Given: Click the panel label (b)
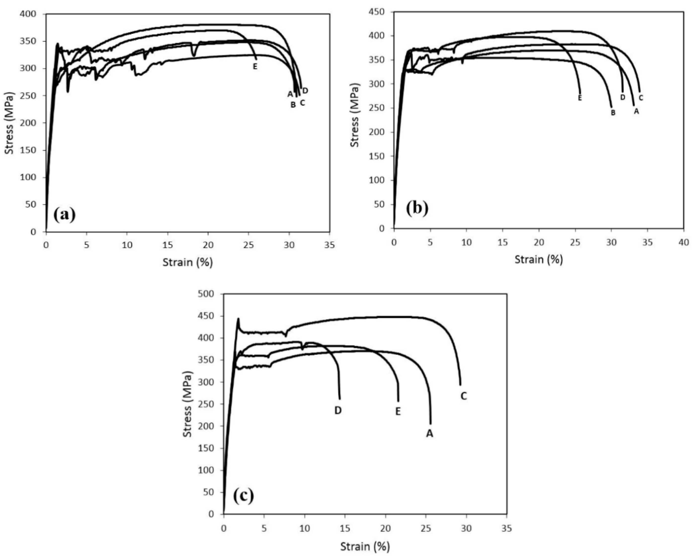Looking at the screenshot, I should point(417,208).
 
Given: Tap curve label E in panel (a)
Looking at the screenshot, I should point(255,66).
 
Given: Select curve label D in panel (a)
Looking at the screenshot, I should point(305,91).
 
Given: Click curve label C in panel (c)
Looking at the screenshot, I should point(463,396).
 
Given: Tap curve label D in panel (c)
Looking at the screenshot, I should point(338,411).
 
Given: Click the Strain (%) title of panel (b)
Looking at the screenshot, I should point(539,259).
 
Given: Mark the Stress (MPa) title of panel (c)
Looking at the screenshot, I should point(188,404).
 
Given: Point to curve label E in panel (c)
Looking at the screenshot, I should point(398,412).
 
